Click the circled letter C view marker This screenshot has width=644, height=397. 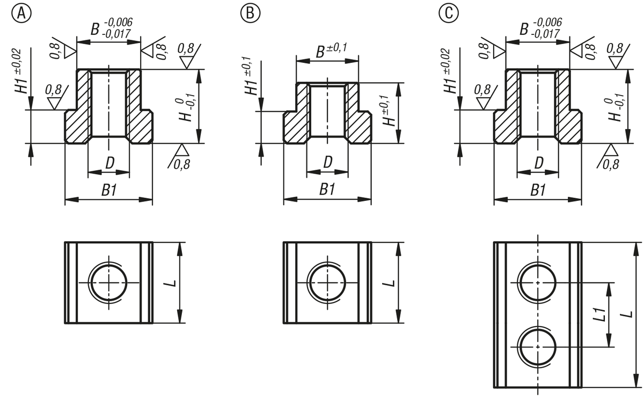447,12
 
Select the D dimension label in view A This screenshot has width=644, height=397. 109,162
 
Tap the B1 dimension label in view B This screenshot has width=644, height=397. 327,189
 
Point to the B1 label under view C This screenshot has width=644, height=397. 537,189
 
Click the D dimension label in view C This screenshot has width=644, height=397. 537,162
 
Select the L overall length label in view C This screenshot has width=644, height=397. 629,314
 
